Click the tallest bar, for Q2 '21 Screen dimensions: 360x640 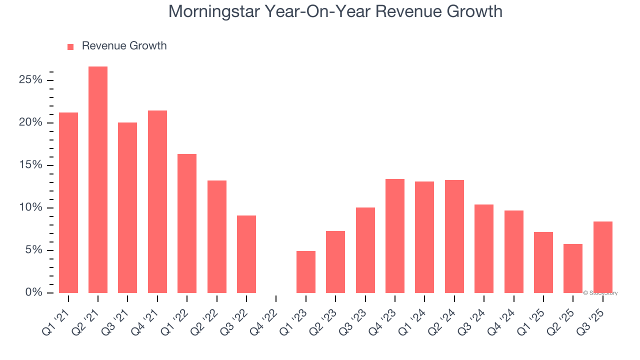(x=98, y=180)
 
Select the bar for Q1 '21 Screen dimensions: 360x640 (x=68, y=202)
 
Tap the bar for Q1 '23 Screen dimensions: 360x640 (x=305, y=272)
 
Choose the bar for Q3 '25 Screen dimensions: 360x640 (x=602, y=257)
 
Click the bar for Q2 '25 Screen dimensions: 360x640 (x=573, y=268)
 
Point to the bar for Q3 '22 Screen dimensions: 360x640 (x=246, y=254)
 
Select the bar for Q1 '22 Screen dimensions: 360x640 (x=187, y=223)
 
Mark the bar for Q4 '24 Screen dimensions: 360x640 (x=513, y=251)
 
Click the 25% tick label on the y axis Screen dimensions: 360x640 (x=31, y=80)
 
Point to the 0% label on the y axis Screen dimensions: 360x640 (x=34, y=292)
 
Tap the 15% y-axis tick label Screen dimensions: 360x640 (x=31, y=165)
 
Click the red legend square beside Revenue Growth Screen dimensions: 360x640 (x=70, y=47)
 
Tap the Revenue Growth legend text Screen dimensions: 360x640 (x=124, y=46)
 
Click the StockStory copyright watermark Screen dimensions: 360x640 (x=600, y=293)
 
